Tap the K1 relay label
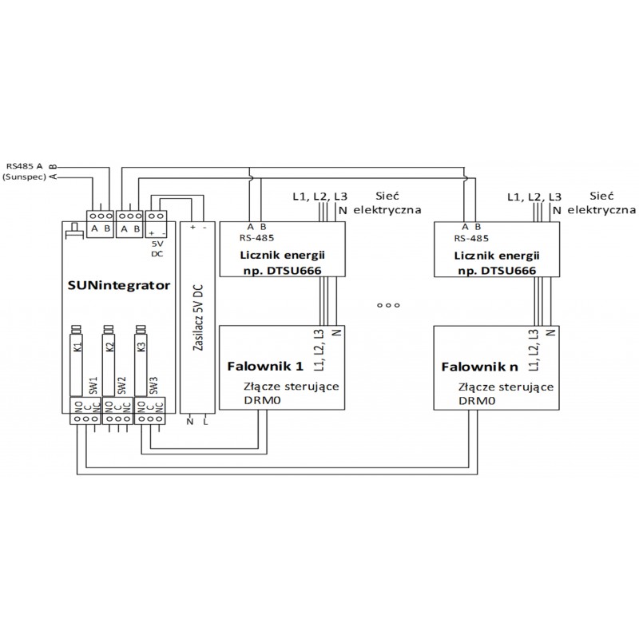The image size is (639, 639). coord(77,347)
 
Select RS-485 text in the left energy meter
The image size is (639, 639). coord(259,237)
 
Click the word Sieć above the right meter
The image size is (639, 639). coord(600,195)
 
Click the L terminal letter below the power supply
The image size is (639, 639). coord(205,421)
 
